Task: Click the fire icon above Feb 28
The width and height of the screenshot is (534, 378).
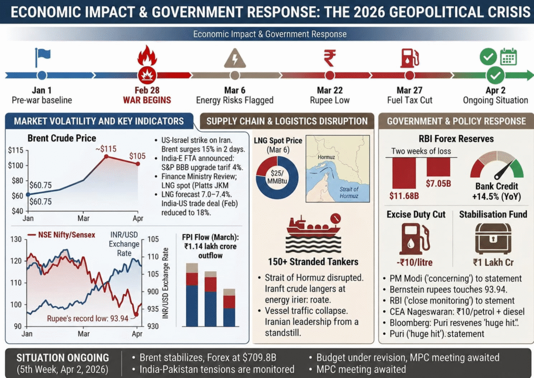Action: (147, 56)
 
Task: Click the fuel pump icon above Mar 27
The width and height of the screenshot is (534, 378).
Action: (409, 57)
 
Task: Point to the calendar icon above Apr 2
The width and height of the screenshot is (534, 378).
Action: (508, 56)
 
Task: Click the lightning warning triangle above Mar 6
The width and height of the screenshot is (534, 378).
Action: (235, 57)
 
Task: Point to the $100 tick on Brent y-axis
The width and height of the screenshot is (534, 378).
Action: (16, 166)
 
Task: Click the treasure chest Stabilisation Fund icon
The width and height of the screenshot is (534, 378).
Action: (493, 237)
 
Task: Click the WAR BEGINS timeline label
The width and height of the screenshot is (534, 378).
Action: (147, 99)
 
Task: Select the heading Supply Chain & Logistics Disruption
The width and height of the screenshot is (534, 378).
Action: (287, 121)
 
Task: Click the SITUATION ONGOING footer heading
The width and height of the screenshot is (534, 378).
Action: (63, 358)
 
